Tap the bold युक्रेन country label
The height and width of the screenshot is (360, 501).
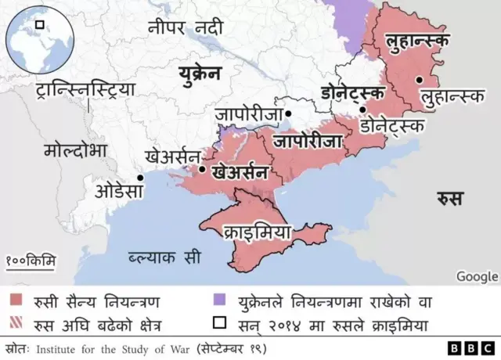click(x=199, y=75)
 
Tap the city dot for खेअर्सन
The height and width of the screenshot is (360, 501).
click(x=203, y=168)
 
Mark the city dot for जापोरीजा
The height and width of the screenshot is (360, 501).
click(x=288, y=114)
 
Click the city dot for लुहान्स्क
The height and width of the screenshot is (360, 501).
click(x=420, y=79)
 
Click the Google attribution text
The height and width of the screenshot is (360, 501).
click(x=477, y=275)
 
